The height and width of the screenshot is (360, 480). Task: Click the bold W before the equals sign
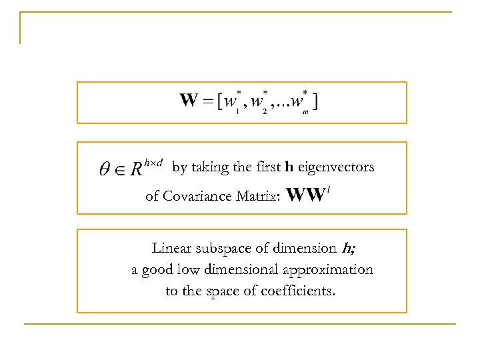pyautogui.click(x=189, y=101)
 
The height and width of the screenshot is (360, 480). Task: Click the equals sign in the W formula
pyautogui.click(x=208, y=102)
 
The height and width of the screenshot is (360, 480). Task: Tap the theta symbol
pyautogui.click(x=105, y=169)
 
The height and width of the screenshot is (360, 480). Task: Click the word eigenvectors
pyautogui.click(x=336, y=167)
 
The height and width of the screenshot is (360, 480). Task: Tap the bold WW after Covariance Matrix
pyautogui.click(x=305, y=195)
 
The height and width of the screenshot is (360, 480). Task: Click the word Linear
pyautogui.click(x=171, y=249)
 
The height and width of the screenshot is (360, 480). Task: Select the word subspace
pyautogui.click(x=222, y=249)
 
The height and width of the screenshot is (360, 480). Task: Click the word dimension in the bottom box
pyautogui.click(x=305, y=249)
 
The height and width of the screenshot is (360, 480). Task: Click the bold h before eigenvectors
pyautogui.click(x=289, y=167)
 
